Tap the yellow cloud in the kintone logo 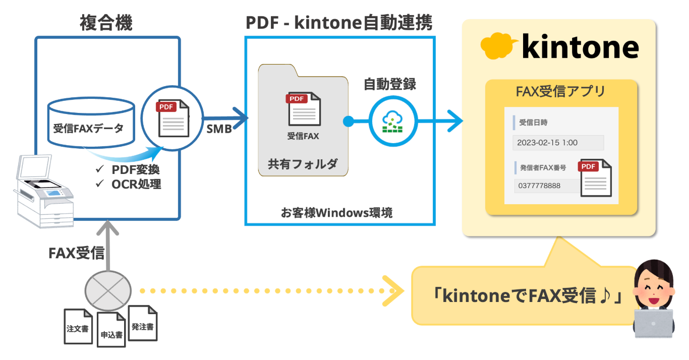tap(499, 47)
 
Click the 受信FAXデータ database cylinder tap(91, 121)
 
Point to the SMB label tap(219, 129)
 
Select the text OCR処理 tap(136, 184)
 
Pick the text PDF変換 tap(136, 169)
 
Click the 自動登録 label tap(390, 84)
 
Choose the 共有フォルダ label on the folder tap(303, 164)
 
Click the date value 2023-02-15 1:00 tap(547, 143)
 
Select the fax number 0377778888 tap(539, 186)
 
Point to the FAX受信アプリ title tap(560, 92)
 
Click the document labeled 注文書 tap(78, 327)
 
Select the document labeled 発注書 tap(143, 324)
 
